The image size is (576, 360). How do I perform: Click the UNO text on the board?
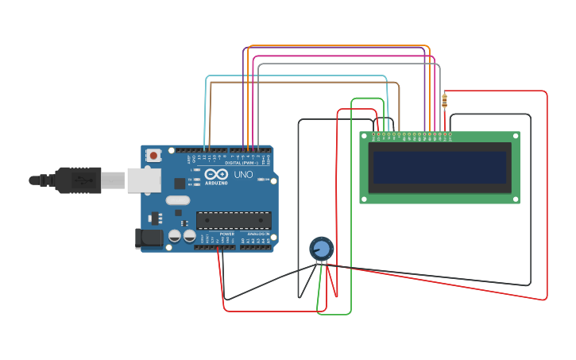click(x=243, y=174)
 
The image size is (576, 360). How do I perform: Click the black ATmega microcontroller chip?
click(x=234, y=220)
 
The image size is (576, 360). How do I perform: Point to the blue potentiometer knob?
click(x=321, y=249)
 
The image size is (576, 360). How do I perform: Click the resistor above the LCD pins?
click(x=444, y=100)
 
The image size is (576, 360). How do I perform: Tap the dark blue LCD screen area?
click(x=439, y=168)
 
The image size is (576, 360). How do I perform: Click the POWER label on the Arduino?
click(x=227, y=234)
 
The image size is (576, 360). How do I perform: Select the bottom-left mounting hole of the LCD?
click(x=365, y=199)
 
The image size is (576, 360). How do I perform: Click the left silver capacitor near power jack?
click(x=174, y=236)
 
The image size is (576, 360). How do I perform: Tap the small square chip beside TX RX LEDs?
click(x=180, y=183)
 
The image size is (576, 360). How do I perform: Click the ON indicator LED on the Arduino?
click(x=261, y=180)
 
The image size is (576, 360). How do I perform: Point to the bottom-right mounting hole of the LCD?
click(x=515, y=199)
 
